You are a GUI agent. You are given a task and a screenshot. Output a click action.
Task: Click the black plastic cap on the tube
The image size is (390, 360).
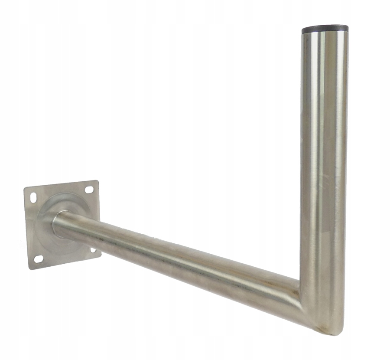[325, 29]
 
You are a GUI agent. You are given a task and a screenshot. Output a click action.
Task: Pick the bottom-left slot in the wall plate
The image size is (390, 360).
[38, 259]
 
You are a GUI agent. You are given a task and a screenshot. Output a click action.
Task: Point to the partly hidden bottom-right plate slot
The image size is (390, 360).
[93, 250]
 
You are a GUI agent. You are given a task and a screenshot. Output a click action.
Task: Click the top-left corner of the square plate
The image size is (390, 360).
[24, 189]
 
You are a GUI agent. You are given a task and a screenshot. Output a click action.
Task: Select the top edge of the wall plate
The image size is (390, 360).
[61, 185]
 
